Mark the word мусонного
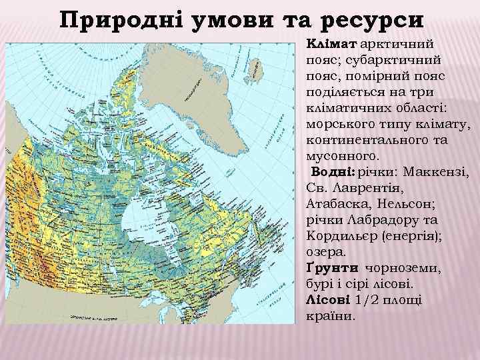(340, 156)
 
